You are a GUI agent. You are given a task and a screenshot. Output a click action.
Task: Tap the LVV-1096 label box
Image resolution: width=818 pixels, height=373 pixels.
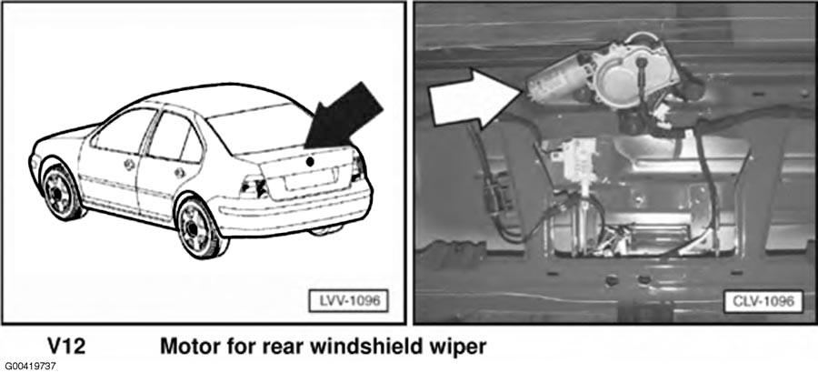coord(348,301)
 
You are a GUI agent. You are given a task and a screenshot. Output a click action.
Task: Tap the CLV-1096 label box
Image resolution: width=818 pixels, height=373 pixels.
coord(763,301)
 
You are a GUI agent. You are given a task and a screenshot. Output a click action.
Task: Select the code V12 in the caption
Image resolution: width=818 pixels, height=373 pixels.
coord(66,347)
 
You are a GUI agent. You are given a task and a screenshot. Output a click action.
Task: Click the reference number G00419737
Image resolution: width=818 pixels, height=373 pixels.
coord(30,367)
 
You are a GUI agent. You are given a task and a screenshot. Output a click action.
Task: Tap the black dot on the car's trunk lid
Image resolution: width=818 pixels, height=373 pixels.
coord(310,161)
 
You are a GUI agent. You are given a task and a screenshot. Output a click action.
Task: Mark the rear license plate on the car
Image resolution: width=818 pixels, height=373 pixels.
coord(311,179)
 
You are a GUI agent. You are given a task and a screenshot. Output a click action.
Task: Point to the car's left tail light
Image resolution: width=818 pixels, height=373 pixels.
coord(254,186)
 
